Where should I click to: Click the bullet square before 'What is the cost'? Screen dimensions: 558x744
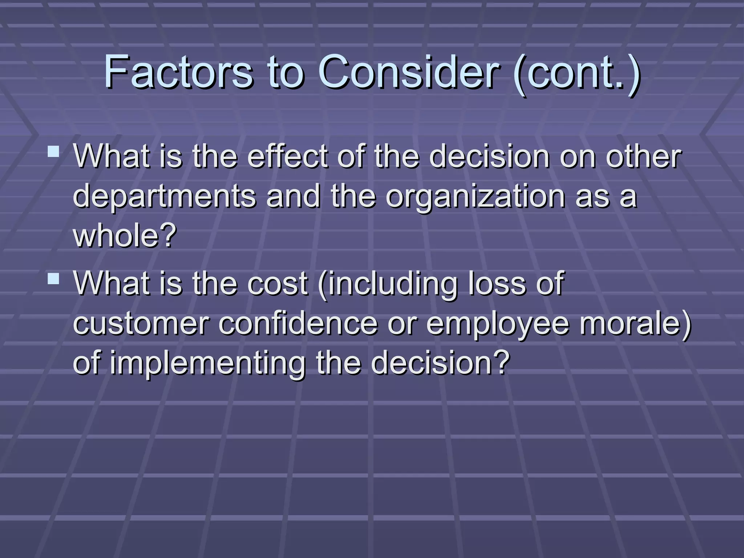click(x=53, y=279)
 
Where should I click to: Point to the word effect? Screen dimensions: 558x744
click(x=288, y=157)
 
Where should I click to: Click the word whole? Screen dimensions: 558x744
click(x=125, y=235)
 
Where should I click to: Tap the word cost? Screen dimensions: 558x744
click(x=278, y=284)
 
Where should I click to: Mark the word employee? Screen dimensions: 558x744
click(x=497, y=324)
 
